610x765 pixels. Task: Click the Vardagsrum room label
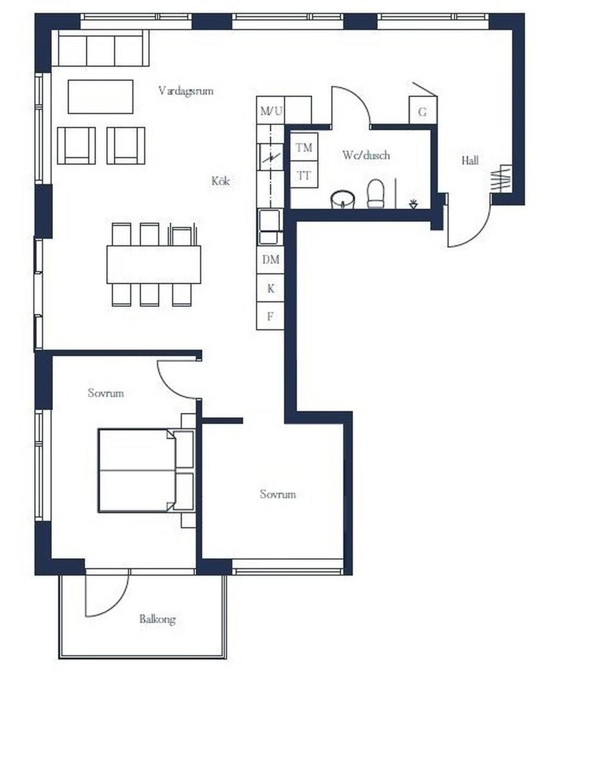pyautogui.click(x=185, y=91)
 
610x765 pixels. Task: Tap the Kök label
pyautogui.click(x=220, y=181)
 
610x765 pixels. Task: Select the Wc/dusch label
pyautogui.click(x=366, y=156)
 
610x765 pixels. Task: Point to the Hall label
pyautogui.click(x=469, y=161)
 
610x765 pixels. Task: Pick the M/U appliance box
pyautogui.click(x=270, y=111)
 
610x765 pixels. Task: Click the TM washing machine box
pyautogui.click(x=304, y=147)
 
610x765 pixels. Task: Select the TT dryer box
pyautogui.click(x=304, y=175)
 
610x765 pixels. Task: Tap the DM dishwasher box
pyautogui.click(x=270, y=260)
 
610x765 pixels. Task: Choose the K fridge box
pyautogui.click(x=270, y=288)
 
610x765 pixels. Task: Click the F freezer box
pyautogui.click(x=270, y=316)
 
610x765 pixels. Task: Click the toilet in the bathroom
pyautogui.click(x=375, y=194)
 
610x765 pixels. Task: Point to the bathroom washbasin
pyautogui.click(x=343, y=200)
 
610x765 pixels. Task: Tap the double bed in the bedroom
pyautogui.click(x=147, y=471)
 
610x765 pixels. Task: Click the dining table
pyautogui.click(x=154, y=265)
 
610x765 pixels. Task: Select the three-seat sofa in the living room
pyautogui.click(x=100, y=48)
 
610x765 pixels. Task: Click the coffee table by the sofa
pyautogui.click(x=101, y=97)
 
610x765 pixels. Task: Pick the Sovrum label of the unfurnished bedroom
pyautogui.click(x=278, y=494)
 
